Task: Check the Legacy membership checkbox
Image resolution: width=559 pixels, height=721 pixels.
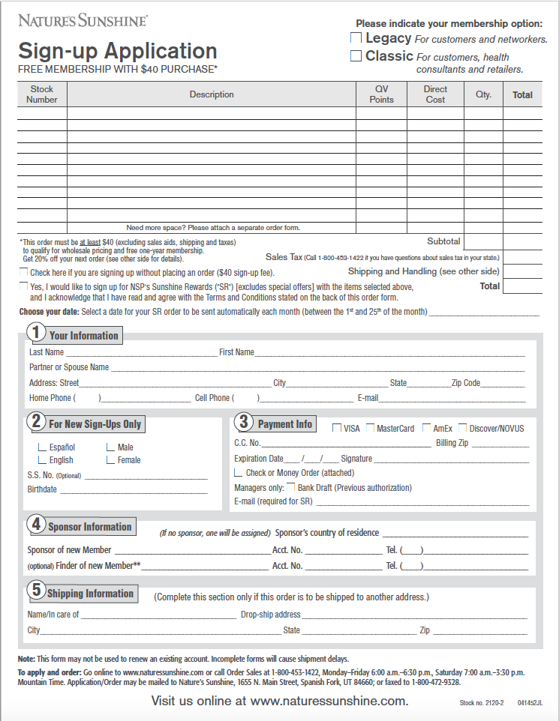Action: pyautogui.click(x=356, y=37)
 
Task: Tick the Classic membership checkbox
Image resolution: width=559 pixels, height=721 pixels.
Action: pyautogui.click(x=356, y=56)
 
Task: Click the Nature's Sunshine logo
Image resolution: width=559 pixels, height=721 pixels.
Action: pyautogui.click(x=83, y=21)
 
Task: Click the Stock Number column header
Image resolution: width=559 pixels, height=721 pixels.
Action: pyautogui.click(x=42, y=94)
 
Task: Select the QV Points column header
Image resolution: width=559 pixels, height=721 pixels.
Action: pyautogui.click(x=381, y=94)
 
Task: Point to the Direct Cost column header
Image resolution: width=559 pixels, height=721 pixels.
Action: pyautogui.click(x=435, y=94)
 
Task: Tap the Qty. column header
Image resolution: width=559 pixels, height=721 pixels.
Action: pyautogui.click(x=483, y=94)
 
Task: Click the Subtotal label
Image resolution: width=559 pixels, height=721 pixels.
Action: pyautogui.click(x=443, y=241)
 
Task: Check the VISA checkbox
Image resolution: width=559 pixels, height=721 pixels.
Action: pyautogui.click(x=336, y=428)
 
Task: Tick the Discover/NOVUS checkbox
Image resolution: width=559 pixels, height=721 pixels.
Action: pyautogui.click(x=463, y=428)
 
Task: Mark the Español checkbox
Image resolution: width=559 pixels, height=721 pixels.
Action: pyautogui.click(x=42, y=447)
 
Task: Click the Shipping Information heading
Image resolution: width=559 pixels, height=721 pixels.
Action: pyautogui.click(x=90, y=594)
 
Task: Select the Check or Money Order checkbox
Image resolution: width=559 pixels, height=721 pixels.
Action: pyautogui.click(x=239, y=473)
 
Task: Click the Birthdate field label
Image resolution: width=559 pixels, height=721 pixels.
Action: pyautogui.click(x=42, y=489)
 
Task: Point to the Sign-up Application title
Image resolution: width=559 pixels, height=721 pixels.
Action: pyautogui.click(x=118, y=51)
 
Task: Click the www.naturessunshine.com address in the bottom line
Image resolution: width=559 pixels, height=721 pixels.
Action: pyautogui.click(x=329, y=702)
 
